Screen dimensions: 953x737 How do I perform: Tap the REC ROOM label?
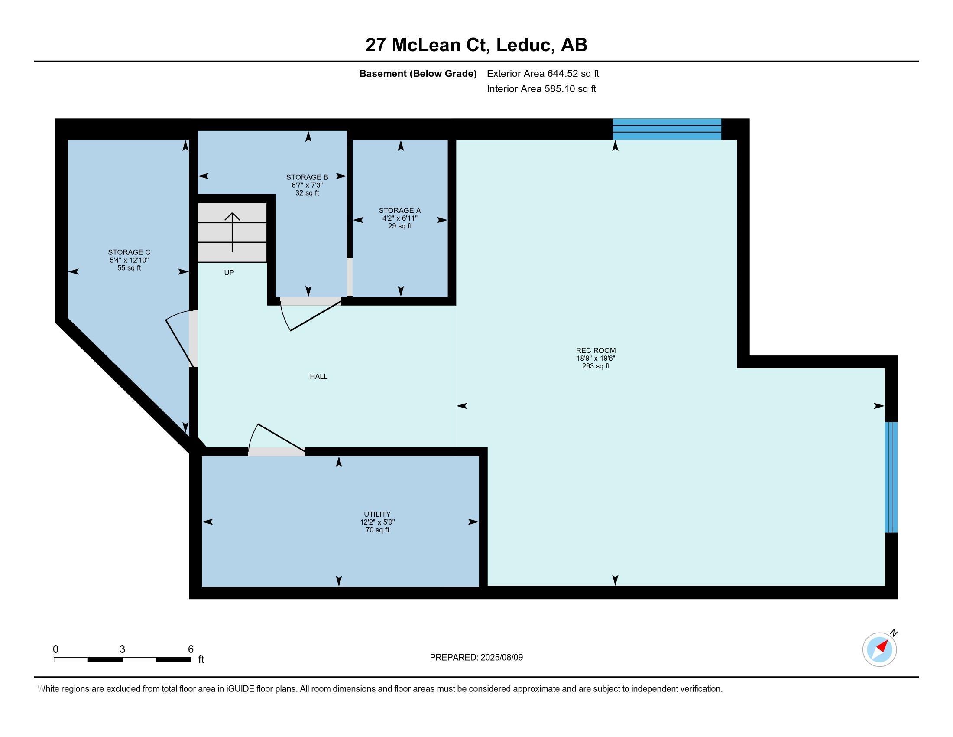click(x=596, y=350)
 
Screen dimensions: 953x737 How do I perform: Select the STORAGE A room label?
click(x=400, y=210)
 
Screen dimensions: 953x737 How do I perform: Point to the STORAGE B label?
click(x=307, y=177)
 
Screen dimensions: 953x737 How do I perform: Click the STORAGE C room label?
click(x=129, y=252)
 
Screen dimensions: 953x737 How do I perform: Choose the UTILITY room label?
click(x=377, y=514)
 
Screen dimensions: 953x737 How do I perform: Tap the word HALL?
click(x=318, y=376)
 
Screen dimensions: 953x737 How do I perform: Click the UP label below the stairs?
click(x=229, y=272)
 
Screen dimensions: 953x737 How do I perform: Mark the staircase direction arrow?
click(x=232, y=232)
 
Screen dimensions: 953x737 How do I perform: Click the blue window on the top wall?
click(x=667, y=129)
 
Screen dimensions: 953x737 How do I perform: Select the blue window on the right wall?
click(x=891, y=477)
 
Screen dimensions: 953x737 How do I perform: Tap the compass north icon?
click(x=880, y=649)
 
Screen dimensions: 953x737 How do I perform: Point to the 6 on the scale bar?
click(x=191, y=649)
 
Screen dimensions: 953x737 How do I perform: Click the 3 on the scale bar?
click(x=122, y=649)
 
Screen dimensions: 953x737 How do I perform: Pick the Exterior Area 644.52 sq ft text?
click(x=543, y=74)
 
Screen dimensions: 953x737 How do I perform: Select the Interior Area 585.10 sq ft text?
click(x=541, y=89)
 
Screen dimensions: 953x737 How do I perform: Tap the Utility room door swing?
click(x=276, y=437)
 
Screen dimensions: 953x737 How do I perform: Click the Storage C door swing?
click(x=180, y=338)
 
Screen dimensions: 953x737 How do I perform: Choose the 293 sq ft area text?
click(x=596, y=366)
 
